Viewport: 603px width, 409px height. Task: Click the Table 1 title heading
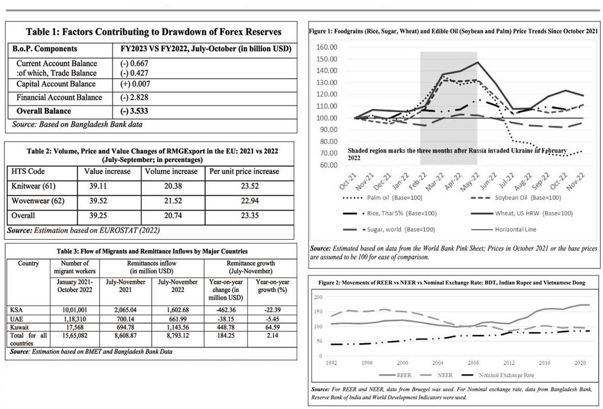click(153, 32)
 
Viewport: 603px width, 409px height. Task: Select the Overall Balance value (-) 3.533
click(132, 111)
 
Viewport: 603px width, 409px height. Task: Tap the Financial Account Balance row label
click(59, 97)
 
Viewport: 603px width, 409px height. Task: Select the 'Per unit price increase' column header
click(244, 171)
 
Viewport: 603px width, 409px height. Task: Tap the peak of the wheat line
click(477, 62)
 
